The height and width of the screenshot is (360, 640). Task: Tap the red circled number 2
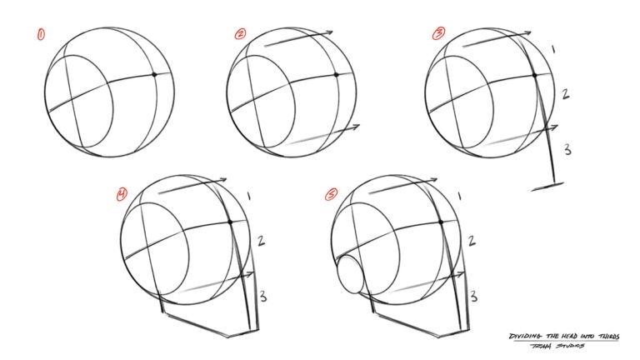pyautogui.click(x=240, y=34)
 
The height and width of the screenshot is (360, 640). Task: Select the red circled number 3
pyautogui.click(x=438, y=34)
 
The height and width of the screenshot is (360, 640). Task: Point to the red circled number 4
pyautogui.click(x=122, y=195)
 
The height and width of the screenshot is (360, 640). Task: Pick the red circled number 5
pyautogui.click(x=332, y=195)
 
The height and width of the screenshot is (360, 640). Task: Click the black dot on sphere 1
pyautogui.click(x=155, y=75)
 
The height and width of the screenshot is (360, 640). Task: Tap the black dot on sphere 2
pyautogui.click(x=335, y=75)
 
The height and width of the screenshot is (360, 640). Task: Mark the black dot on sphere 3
pyautogui.click(x=534, y=75)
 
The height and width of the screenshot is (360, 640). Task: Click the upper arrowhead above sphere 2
pyautogui.click(x=329, y=32)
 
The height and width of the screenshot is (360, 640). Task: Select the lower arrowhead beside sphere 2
pyautogui.click(x=356, y=127)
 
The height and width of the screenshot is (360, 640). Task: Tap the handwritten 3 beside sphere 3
pyautogui.click(x=567, y=150)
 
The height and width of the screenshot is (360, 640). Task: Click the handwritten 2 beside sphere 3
pyautogui.click(x=564, y=94)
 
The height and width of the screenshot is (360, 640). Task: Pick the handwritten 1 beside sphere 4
pyautogui.click(x=249, y=196)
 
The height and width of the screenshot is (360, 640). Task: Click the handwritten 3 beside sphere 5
pyautogui.click(x=472, y=296)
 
